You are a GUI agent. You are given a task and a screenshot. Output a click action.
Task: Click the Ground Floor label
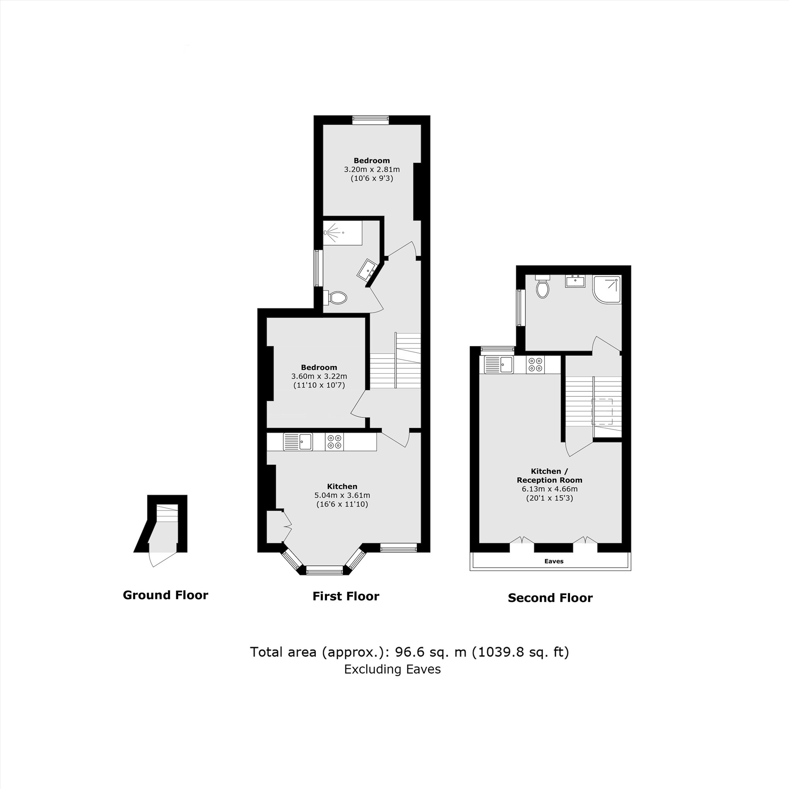pos(165,595)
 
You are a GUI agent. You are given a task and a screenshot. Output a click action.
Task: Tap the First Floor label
pos(346,596)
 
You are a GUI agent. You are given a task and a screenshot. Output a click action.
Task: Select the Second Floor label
pos(550,598)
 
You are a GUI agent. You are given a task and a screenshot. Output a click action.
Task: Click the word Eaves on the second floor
pos(554,561)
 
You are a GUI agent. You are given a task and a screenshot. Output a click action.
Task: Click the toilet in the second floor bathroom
pos(543,288)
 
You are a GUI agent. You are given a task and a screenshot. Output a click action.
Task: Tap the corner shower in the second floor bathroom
pos(607,289)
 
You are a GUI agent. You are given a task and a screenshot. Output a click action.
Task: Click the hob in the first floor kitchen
pos(334,442)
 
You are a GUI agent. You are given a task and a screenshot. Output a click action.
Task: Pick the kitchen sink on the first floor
pos(298,442)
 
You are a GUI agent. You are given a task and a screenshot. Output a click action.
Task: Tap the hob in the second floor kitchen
pos(535,364)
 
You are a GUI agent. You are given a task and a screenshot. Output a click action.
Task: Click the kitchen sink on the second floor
pos(499,364)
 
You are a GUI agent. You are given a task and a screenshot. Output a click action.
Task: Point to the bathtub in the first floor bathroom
pos(342,233)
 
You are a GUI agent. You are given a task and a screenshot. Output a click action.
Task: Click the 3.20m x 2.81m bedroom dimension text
pos(372,170)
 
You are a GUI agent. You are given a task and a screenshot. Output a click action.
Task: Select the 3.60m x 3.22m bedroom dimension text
pos(319,376)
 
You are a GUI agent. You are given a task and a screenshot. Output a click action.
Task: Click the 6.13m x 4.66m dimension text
pos(550,489)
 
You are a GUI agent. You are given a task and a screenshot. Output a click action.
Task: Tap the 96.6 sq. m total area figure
pos(430,652)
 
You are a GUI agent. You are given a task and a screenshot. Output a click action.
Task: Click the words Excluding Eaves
pos(392,669)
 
